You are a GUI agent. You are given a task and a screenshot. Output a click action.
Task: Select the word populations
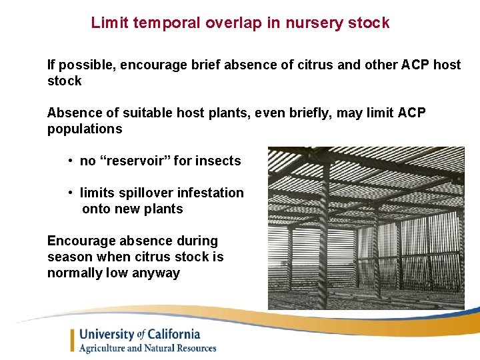(85, 129)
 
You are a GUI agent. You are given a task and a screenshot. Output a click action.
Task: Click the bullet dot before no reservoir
(70, 161)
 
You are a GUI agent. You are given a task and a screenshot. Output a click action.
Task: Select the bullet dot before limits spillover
(70, 193)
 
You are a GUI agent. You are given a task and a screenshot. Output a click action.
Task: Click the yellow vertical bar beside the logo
(73, 341)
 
